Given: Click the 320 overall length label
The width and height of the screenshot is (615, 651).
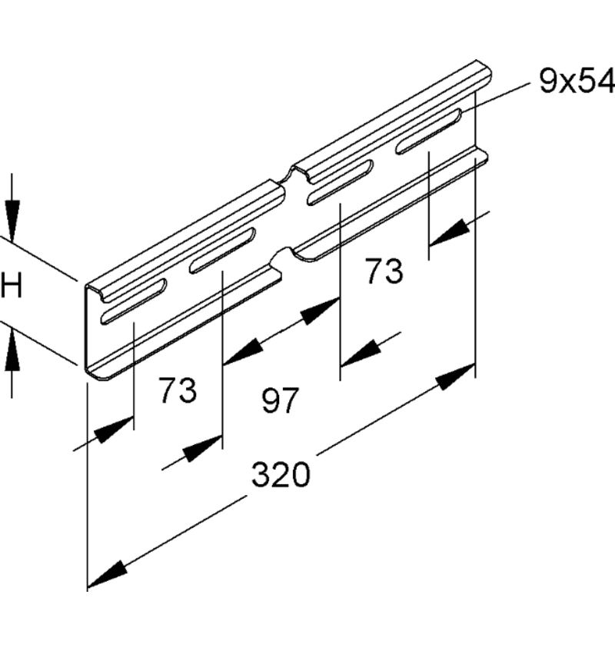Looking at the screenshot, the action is point(281,474).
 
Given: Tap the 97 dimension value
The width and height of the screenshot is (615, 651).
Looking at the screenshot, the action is point(281,400).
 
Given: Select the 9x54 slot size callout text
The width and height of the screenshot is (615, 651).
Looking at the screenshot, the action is point(577,81).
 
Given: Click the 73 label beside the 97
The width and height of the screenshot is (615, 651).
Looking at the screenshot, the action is point(178,390).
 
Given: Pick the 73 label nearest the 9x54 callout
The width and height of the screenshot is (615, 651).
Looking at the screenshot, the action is point(384,271).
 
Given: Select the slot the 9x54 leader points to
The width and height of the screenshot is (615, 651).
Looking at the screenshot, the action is point(428,131).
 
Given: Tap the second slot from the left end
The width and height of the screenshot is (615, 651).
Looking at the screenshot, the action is point(222,251).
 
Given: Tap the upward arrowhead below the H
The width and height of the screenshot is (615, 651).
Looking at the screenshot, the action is point(12,348).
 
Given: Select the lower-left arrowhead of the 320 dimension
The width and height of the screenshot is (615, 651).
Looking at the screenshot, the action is point(107,574).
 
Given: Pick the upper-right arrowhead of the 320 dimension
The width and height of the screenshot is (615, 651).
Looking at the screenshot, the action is point(456,377).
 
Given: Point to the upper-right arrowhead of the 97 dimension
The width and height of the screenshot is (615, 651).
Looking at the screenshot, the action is point(320,311).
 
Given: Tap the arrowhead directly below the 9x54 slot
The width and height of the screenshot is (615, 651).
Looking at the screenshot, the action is point(449,233).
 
